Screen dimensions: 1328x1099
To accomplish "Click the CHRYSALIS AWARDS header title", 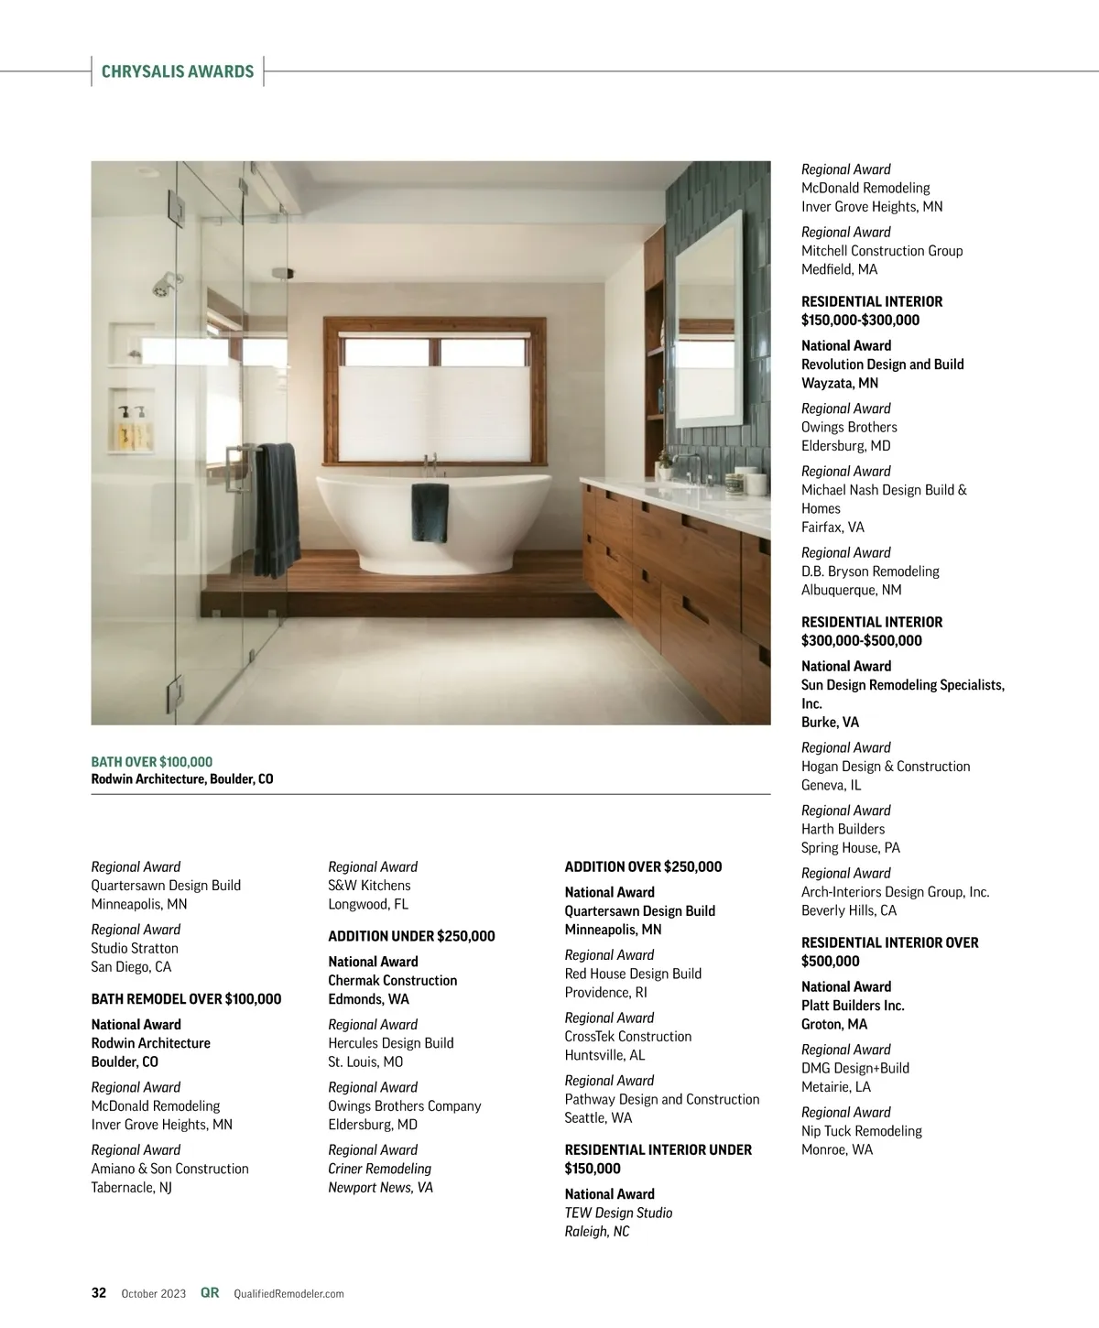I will point(178,71).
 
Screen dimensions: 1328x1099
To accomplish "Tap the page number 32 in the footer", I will point(99,1293).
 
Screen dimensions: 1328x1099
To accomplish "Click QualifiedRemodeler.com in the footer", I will point(288,1294).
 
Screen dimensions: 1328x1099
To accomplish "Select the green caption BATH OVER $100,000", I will point(152,762).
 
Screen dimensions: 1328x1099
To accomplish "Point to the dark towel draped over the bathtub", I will point(430,511).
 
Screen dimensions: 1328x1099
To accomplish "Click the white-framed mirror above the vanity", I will point(708,321).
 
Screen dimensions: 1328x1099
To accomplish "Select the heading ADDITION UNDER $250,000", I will point(411,936).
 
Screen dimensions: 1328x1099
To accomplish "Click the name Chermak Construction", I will point(392,980).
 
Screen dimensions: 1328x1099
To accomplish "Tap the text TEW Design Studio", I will point(618,1213).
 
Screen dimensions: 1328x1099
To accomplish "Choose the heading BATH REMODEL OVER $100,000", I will point(186,999).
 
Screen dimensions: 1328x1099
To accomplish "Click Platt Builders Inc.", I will point(853,1006).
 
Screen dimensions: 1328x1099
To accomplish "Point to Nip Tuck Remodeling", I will point(861,1131).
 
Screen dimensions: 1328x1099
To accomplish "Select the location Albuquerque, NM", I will point(851,590).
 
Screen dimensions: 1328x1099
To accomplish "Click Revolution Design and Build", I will point(882,365).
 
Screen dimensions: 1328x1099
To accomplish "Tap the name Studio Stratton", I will point(135,949).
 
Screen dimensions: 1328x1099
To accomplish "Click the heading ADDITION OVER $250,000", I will point(643,866).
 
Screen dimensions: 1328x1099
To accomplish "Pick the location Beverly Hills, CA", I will point(849,910).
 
